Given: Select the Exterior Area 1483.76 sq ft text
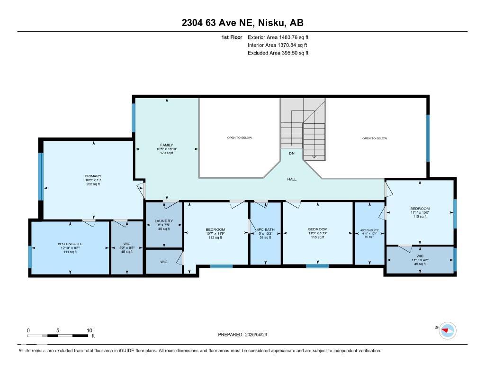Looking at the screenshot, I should (x=278, y=37).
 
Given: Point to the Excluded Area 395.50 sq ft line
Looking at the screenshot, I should (x=278, y=53).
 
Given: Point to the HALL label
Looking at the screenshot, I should (x=292, y=179).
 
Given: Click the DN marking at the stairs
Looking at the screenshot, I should (x=292, y=153).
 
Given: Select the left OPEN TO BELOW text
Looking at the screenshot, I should (x=240, y=138).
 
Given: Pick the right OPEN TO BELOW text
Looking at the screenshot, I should (x=375, y=138).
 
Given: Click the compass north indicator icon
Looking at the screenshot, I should (x=447, y=330).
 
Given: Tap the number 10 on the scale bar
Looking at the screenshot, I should (x=89, y=330).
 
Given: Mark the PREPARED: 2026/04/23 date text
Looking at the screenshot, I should (x=246, y=334).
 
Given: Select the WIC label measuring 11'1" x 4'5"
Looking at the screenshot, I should (x=420, y=259).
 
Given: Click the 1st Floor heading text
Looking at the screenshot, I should (x=232, y=37).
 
